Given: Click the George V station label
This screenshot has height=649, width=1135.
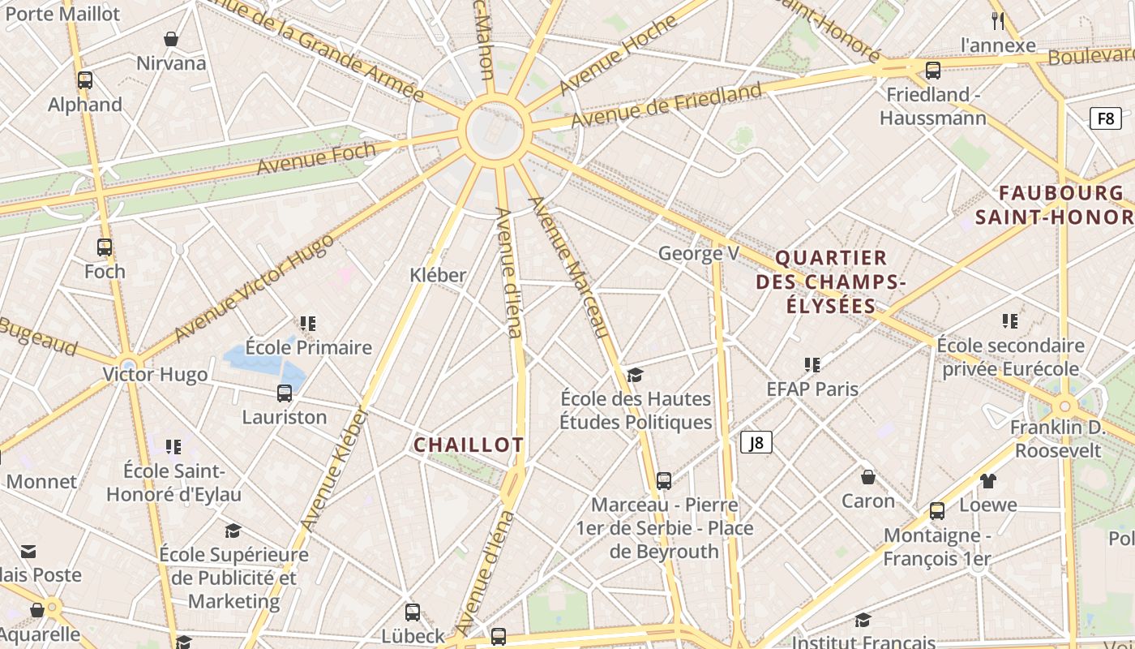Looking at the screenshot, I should tap(699, 254).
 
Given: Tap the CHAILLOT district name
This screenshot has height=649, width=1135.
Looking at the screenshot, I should tap(469, 445).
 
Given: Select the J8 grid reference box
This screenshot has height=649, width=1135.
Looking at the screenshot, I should tap(756, 442).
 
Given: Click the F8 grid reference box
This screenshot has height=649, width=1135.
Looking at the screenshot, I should tap(1106, 118).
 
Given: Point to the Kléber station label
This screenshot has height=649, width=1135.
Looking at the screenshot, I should tap(438, 275).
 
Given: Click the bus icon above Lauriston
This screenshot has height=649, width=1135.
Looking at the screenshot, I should tap(285, 393).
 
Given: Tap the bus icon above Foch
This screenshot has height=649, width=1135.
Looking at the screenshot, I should tap(105, 247).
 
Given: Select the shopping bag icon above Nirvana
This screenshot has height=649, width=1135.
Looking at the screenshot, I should tap(171, 39).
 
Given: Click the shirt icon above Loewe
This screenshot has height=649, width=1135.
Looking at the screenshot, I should tap(987, 481).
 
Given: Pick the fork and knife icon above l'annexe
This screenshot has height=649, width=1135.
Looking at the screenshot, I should tap(998, 21).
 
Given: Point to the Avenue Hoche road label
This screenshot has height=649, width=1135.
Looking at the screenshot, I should tap(618, 54).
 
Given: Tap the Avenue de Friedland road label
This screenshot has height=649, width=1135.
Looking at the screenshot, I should tap(666, 105).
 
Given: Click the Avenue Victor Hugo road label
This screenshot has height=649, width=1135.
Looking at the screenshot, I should tap(253, 288).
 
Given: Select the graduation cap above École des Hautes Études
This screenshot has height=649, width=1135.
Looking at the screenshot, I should tap(636, 375).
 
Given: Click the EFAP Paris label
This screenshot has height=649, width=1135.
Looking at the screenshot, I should tap(812, 389).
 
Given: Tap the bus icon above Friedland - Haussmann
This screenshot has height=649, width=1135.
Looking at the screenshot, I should tap(933, 71).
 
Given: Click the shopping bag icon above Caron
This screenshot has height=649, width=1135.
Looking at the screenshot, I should tap(868, 477).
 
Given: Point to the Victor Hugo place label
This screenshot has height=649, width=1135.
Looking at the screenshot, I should tap(155, 375).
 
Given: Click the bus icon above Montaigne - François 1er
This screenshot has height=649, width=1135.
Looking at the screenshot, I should tap(937, 511).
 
